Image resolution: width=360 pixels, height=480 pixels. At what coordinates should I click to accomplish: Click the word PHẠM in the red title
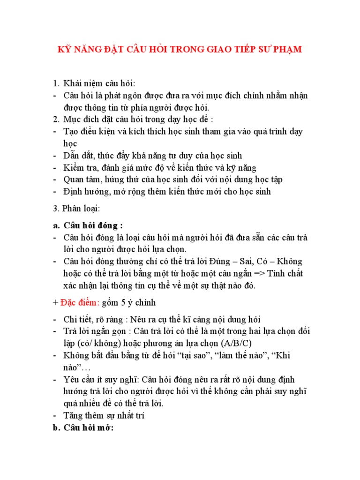click(286, 50)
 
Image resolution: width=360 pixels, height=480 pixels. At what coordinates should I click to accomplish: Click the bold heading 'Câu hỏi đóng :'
click(93, 225)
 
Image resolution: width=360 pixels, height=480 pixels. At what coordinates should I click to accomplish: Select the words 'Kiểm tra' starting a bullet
click(80, 167)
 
